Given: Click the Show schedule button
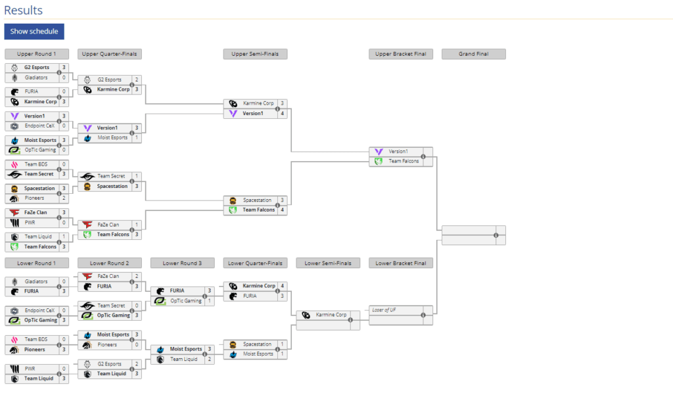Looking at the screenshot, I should [34, 32].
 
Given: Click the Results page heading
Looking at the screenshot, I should [23, 11].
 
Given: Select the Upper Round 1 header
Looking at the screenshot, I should [36, 54].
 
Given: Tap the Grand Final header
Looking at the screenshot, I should [473, 54].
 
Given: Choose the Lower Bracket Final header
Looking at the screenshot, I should [400, 263].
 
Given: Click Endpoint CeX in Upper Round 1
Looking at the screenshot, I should [41, 126].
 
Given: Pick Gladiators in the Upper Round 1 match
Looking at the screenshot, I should [36, 78].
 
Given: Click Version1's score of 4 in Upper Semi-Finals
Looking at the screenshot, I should [282, 113].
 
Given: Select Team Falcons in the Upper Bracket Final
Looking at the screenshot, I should [403, 161].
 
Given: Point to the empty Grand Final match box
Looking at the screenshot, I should [473, 235].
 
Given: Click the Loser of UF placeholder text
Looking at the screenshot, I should [384, 310].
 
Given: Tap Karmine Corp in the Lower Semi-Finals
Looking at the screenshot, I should [331, 315].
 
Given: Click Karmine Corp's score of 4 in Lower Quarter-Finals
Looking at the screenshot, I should [282, 286].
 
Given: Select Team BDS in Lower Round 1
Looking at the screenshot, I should [36, 339].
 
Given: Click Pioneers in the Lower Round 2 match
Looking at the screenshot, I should [107, 344].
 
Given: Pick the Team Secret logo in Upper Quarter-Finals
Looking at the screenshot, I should [87, 176].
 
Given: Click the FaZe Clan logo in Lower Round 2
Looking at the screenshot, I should [87, 277].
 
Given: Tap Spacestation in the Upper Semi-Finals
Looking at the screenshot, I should [257, 200].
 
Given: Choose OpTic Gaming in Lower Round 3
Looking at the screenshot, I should [186, 301].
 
